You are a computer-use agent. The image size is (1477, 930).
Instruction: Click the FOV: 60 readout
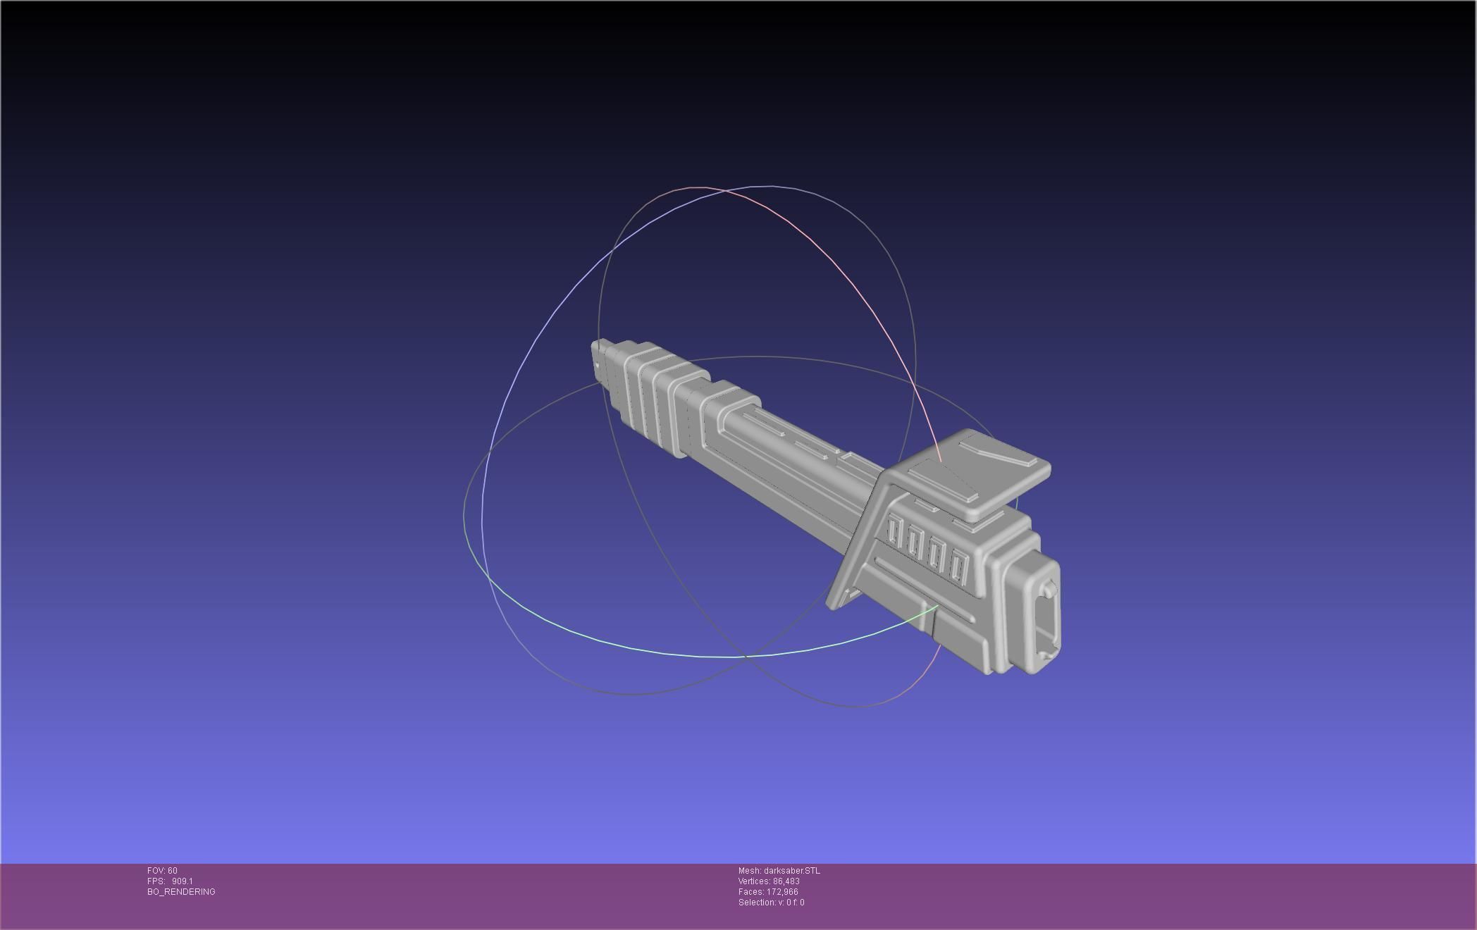162,871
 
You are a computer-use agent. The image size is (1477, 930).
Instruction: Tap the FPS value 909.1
182,881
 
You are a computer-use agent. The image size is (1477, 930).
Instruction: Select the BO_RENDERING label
181,892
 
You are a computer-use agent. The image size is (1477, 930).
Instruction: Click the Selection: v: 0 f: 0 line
771,903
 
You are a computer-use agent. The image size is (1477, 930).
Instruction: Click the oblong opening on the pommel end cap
1048,620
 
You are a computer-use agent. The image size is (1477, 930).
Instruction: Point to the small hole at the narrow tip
598,366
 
